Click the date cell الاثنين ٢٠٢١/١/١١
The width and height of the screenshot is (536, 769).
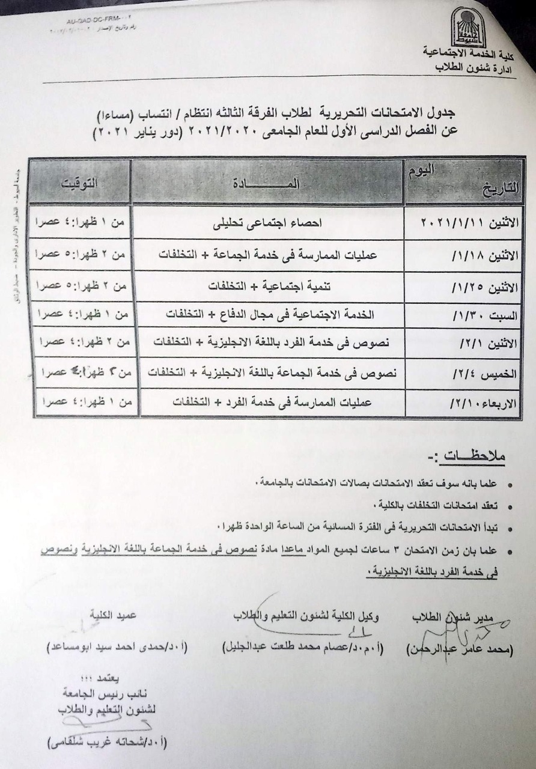(x=463, y=223)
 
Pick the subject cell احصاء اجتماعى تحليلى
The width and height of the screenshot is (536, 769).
(x=268, y=226)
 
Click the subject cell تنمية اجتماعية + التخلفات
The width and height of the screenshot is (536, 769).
(x=268, y=287)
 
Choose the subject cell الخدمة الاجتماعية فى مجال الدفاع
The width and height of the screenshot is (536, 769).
(x=268, y=315)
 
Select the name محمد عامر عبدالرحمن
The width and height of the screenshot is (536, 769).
(x=459, y=649)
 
